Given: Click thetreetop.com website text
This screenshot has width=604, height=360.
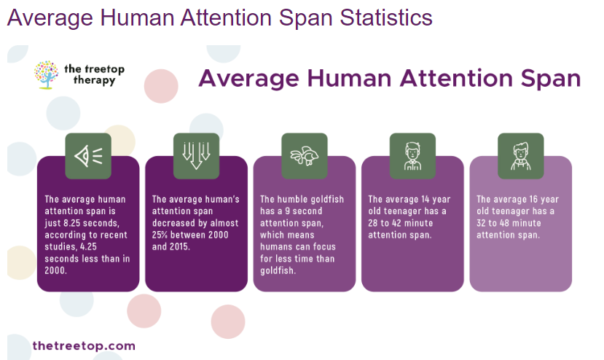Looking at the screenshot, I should pos(84,345).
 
